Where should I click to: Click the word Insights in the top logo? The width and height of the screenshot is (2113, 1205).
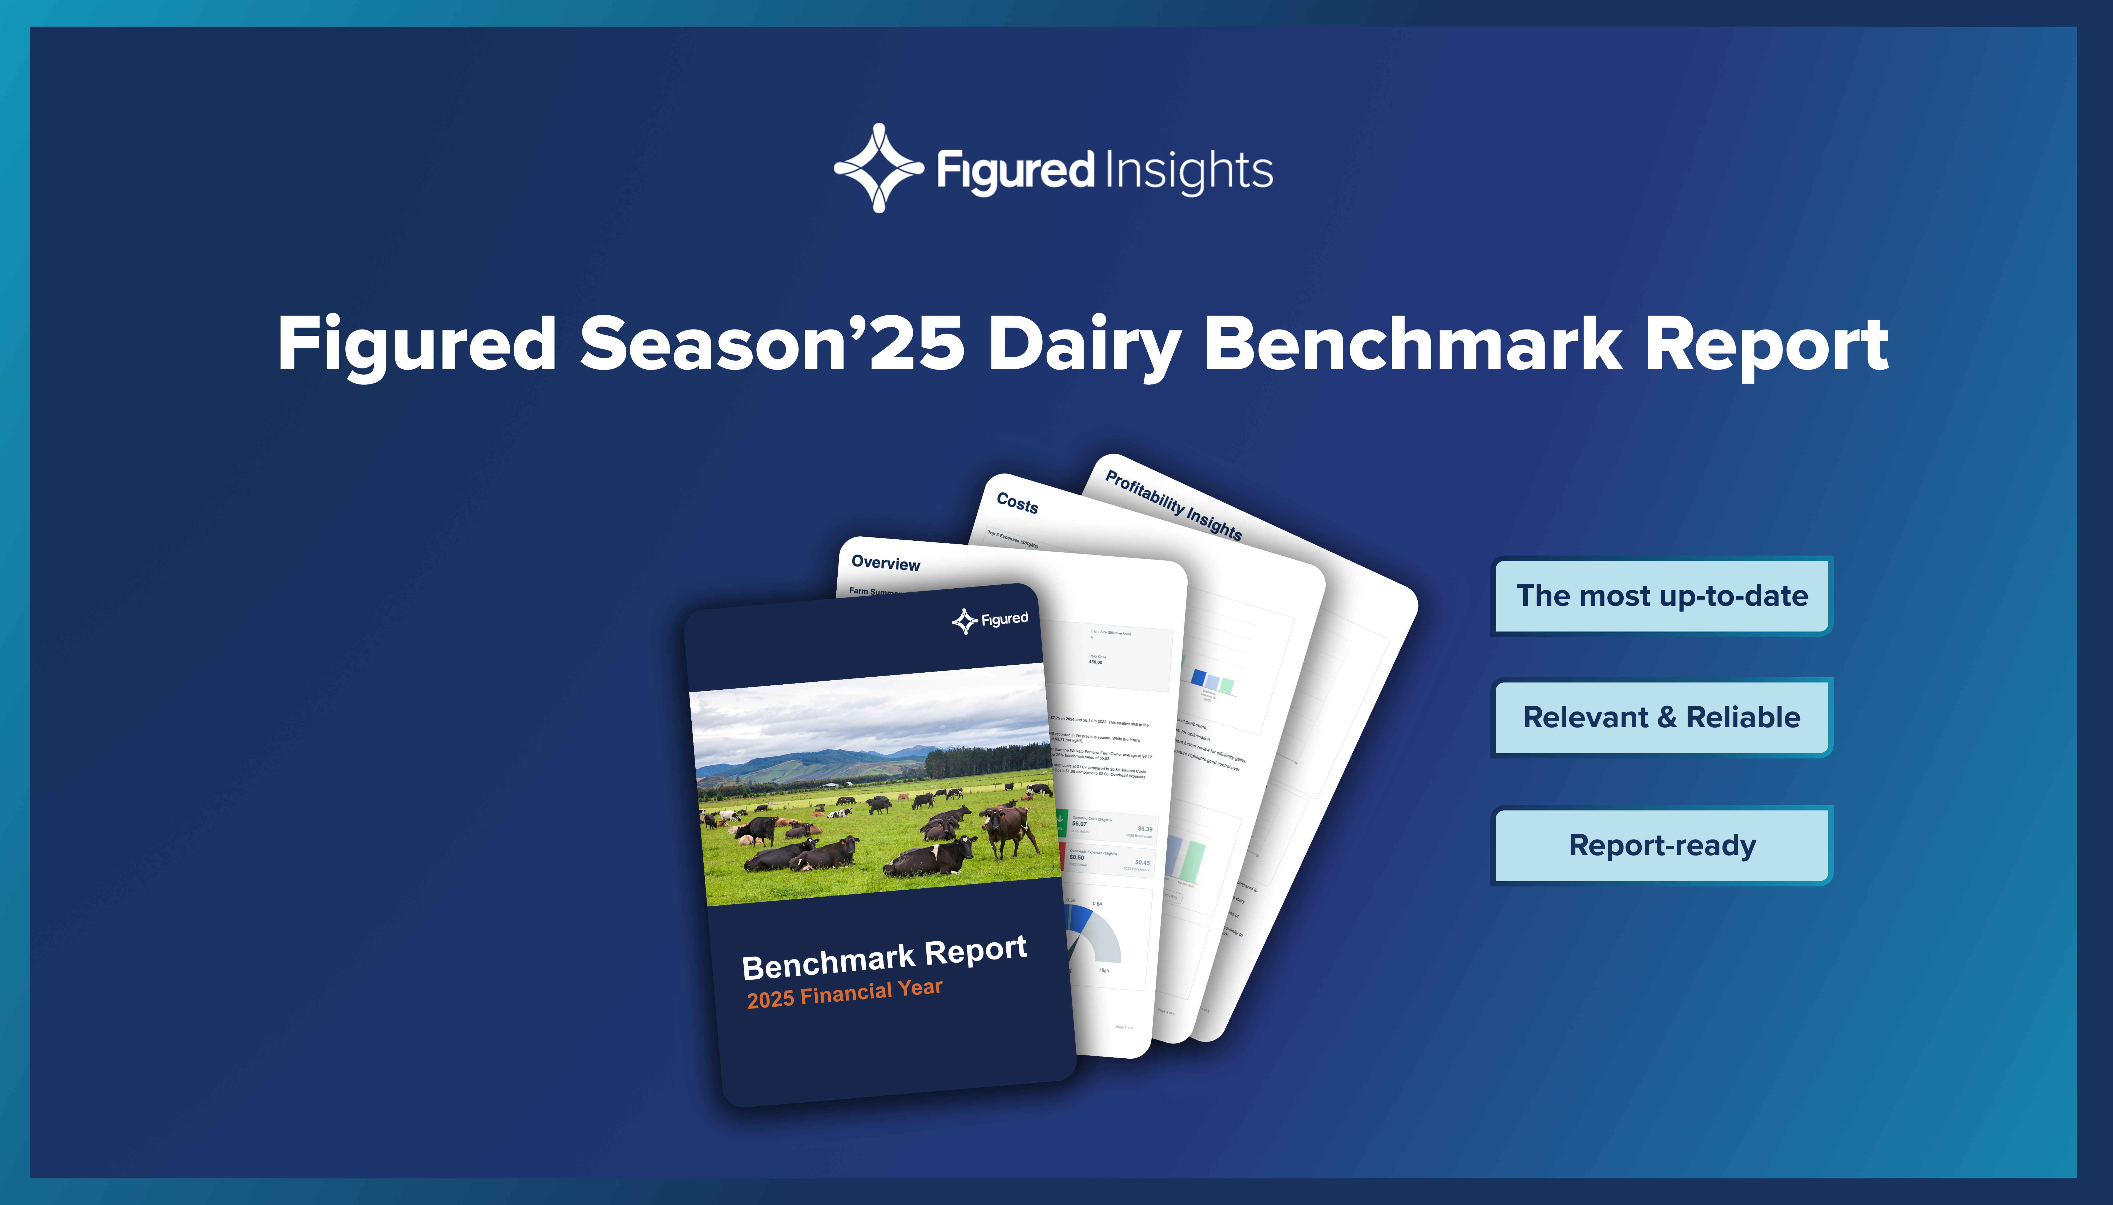[1189, 171]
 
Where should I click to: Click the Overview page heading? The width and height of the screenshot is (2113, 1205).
[885, 564]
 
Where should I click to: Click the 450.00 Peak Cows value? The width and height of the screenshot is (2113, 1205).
[1095, 662]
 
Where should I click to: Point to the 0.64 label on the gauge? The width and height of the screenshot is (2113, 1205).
[1097, 904]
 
